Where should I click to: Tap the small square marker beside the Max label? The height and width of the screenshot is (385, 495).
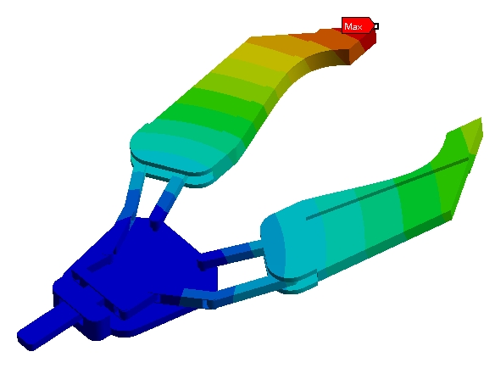pos(376,26)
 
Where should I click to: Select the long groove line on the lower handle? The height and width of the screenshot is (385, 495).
pos(387,188)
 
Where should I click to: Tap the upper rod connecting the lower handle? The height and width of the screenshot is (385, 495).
pos(232,254)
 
